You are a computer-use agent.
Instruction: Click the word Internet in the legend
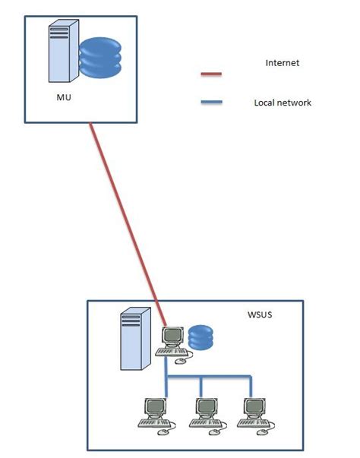(283, 63)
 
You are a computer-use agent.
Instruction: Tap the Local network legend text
(282, 103)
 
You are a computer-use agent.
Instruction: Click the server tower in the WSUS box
(134, 339)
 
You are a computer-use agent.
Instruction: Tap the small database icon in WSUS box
(201, 336)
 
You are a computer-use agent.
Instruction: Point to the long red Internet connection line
(125, 213)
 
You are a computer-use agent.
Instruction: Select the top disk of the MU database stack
(99, 43)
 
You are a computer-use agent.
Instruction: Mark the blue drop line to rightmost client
(250, 386)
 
